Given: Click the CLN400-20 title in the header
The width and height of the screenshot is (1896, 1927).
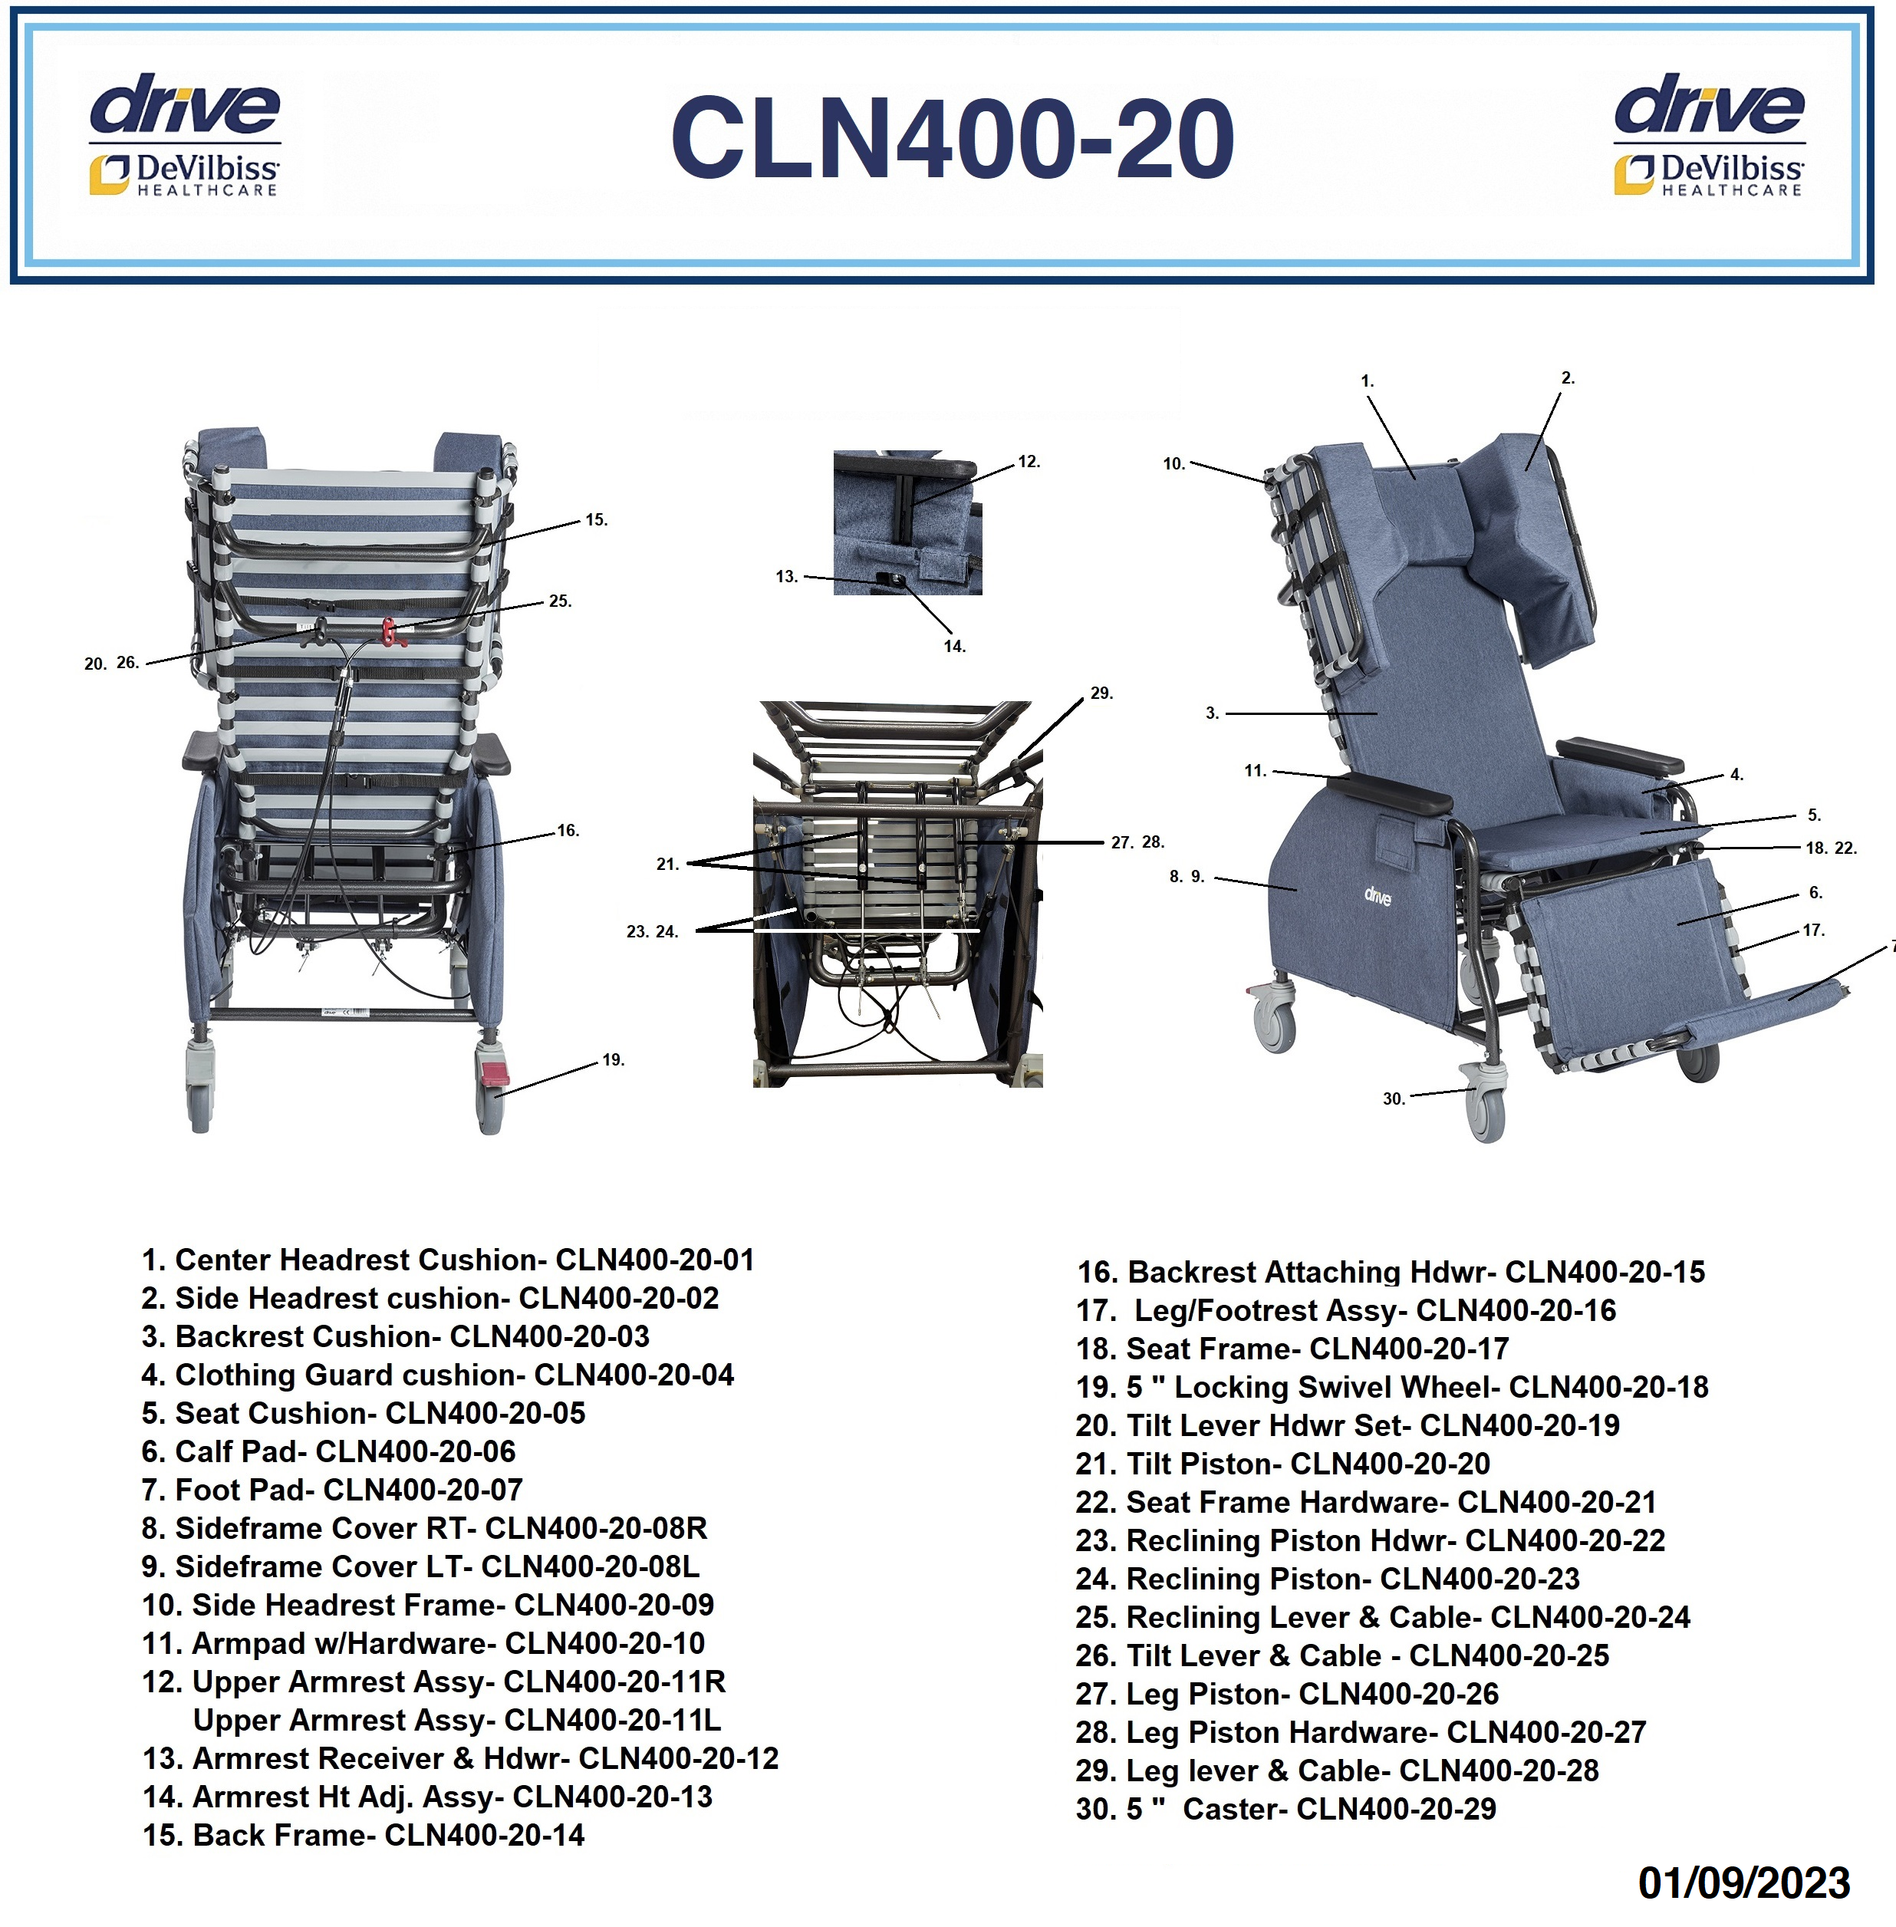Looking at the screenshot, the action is (x=952, y=137).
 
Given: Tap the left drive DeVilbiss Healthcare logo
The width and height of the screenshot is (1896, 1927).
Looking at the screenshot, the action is (x=185, y=134).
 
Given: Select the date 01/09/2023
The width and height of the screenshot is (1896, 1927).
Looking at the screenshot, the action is (x=1743, y=1883).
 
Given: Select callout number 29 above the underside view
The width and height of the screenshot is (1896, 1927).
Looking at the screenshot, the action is (x=1101, y=693).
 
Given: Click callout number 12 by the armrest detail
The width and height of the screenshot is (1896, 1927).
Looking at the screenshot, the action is (x=1029, y=462).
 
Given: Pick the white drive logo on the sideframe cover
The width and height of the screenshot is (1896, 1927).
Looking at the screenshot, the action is (x=1378, y=896).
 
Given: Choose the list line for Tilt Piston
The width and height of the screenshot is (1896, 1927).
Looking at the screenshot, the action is (x=1282, y=1464).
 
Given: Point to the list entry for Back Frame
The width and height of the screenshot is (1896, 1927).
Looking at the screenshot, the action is (x=364, y=1836).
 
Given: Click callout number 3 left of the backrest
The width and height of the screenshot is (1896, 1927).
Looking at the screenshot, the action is (x=1212, y=713).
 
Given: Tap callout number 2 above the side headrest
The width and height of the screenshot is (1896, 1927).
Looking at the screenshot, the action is (x=1568, y=378).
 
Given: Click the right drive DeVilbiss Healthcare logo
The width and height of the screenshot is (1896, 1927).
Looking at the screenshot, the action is (x=1709, y=134).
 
